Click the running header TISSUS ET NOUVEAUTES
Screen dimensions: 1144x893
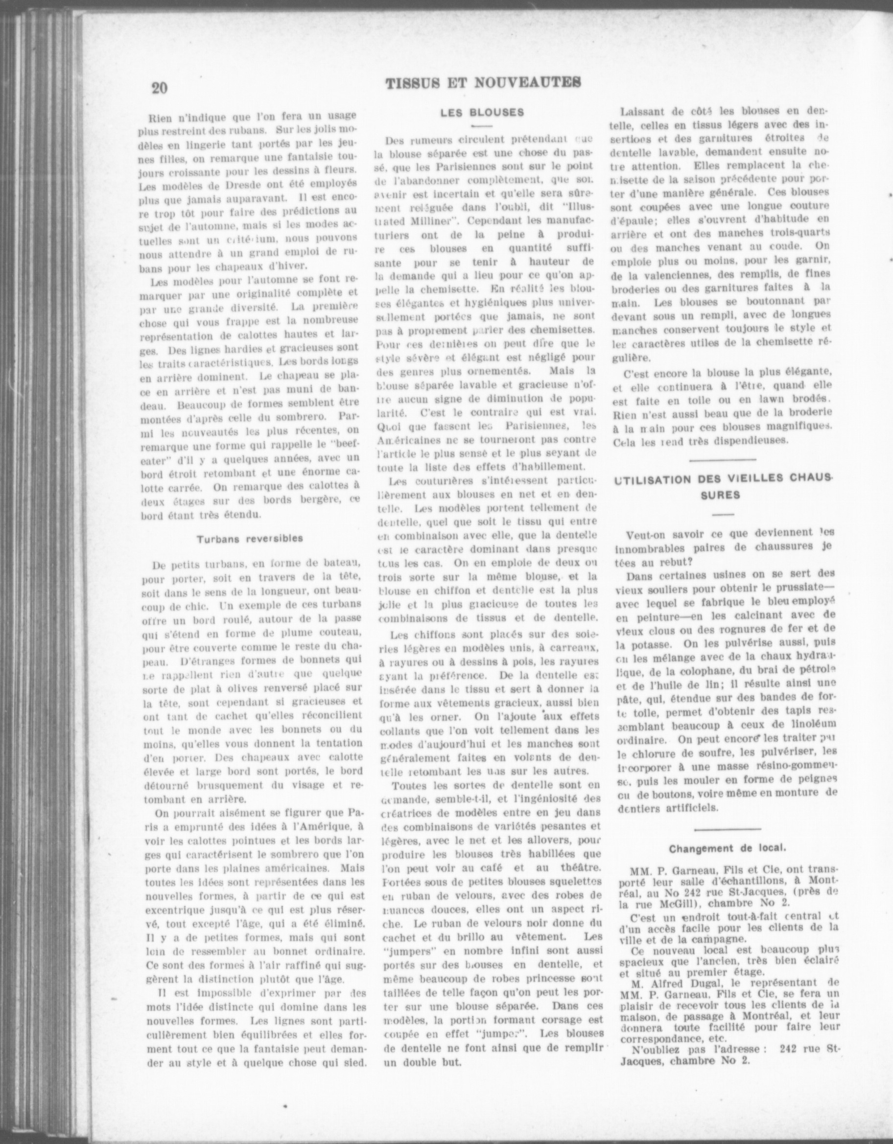pos(482,83)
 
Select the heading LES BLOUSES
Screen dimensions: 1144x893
pos(482,112)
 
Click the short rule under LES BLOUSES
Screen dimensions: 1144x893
pos(481,126)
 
